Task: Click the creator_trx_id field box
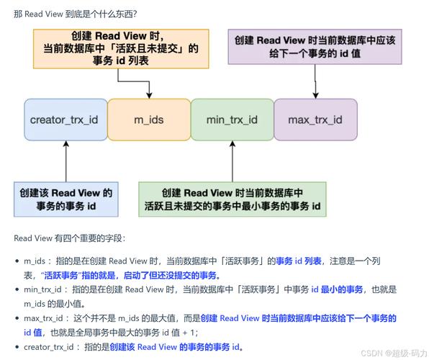coord(65,119)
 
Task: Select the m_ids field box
coord(148,119)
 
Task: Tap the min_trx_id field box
coord(232,119)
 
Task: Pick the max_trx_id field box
coord(315,119)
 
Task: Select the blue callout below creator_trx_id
coord(66,199)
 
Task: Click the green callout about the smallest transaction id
coord(232,199)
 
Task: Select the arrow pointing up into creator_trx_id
coord(66,160)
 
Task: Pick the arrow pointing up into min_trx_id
coord(232,160)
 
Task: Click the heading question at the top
coord(76,14)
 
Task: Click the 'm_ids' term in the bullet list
coord(35,261)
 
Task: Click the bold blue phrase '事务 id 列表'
coord(299,261)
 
